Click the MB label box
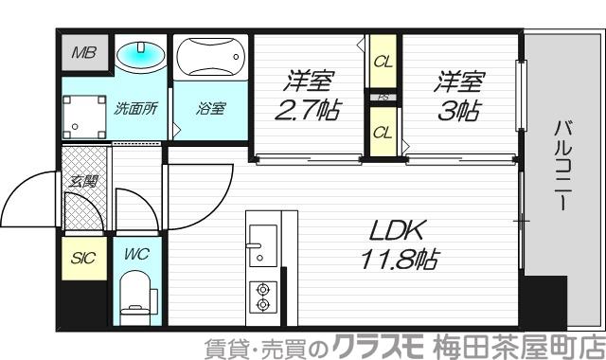(x=83, y=53)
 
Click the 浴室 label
(x=210, y=108)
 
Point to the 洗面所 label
(x=135, y=108)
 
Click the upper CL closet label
(x=382, y=63)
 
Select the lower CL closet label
(x=382, y=132)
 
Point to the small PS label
(x=383, y=98)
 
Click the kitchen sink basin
(x=261, y=235)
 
